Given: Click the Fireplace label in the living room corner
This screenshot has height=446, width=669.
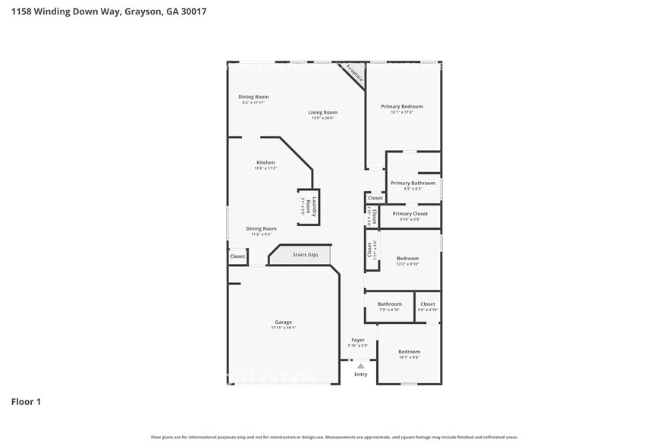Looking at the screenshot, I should coord(354,74).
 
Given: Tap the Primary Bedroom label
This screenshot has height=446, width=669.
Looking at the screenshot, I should coord(401,106).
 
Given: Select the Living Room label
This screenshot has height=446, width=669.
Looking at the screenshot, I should coord(322,112).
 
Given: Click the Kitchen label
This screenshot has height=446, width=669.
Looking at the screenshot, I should coord(265,162).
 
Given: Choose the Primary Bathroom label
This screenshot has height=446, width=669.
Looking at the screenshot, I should coord(413,183).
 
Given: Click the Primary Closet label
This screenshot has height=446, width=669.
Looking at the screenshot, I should coord(410,214).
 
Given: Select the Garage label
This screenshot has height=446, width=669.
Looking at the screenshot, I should coord(283,322).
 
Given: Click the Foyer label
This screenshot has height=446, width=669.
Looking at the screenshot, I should coord(357,340).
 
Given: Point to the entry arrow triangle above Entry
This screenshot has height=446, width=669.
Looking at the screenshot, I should coord(360,366).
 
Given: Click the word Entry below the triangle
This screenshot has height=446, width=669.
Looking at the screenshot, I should coord(360,374).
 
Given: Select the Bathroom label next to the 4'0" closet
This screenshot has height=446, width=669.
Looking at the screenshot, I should coord(389,304).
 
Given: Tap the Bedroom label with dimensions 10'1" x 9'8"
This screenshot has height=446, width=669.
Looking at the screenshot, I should coord(409,352).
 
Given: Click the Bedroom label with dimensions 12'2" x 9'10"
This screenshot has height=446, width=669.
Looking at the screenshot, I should coord(407,259).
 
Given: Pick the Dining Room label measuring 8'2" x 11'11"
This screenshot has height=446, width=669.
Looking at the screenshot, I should coord(253,97).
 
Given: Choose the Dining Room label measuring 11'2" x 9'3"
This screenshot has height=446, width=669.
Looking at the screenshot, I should coord(261,228).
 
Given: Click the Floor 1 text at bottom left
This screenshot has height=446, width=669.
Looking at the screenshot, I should coord(26,401).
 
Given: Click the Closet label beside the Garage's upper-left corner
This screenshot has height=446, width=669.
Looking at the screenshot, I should coord(237,257).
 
